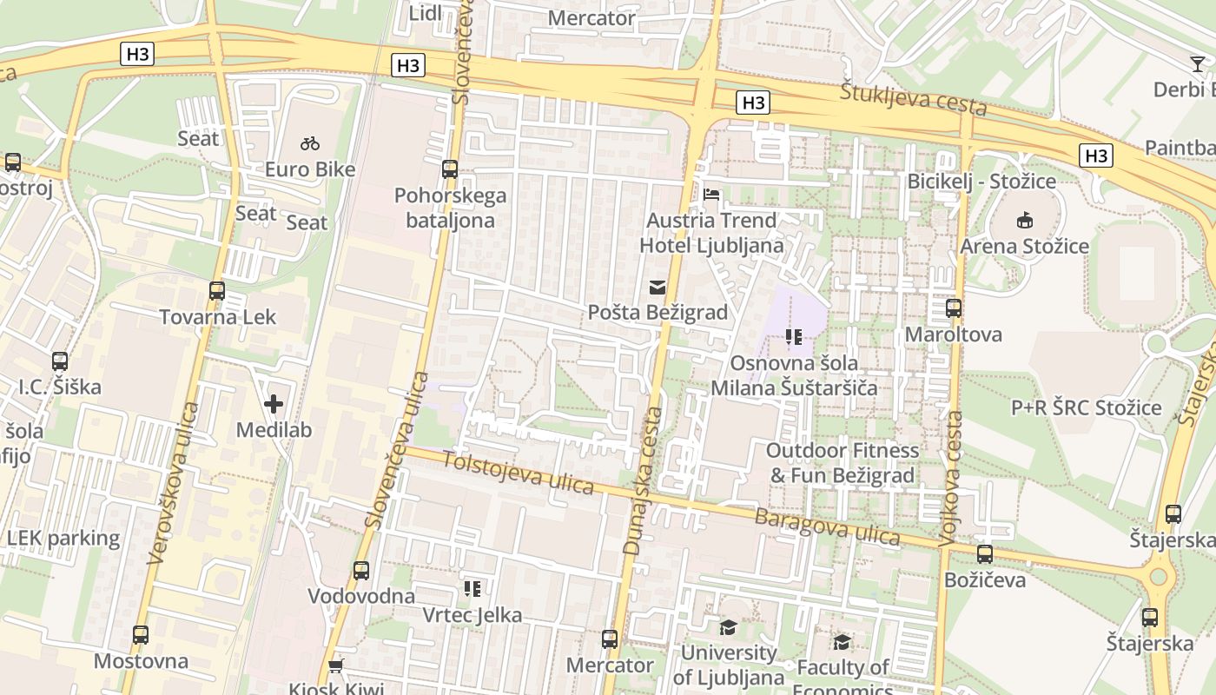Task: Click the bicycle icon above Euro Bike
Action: click(310, 143)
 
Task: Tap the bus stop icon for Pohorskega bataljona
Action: click(449, 169)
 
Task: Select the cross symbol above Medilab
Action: click(274, 404)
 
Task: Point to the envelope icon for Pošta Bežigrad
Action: click(658, 287)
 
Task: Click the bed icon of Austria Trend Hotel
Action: click(711, 195)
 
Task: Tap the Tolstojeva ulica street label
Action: click(519, 473)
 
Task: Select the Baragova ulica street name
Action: click(827, 527)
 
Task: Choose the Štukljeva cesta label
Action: click(914, 99)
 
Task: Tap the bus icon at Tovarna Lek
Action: click(217, 291)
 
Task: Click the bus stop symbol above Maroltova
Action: click(954, 308)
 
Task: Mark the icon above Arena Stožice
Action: click(1025, 220)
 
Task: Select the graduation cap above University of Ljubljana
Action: click(728, 627)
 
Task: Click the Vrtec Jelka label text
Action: click(472, 615)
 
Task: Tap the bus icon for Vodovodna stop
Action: click(361, 571)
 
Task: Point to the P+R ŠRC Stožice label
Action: click(1086, 407)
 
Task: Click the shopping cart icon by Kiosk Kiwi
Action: click(335, 666)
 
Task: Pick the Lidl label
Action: click(425, 12)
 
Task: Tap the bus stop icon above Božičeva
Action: click(985, 554)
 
